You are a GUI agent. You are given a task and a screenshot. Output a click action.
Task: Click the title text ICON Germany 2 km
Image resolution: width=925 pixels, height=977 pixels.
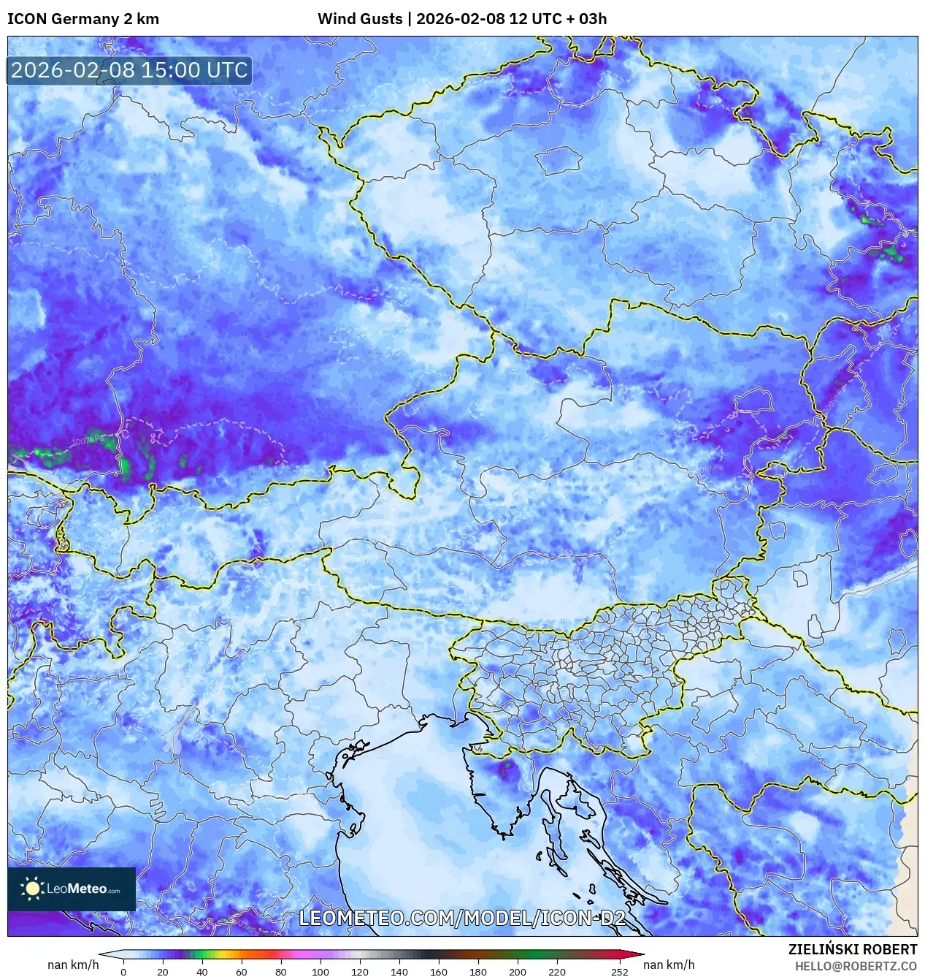coord(83,19)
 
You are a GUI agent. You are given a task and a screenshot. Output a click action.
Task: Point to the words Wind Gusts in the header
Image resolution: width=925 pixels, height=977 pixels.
coord(360,19)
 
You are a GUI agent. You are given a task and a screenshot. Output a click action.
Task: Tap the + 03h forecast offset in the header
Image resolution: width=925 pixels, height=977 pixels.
coord(586,19)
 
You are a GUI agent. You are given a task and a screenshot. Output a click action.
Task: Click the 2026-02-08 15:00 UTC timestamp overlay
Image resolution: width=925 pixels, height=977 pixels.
coord(129,70)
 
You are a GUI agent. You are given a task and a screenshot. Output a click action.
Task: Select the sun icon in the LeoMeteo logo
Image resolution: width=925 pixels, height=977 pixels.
coord(32,889)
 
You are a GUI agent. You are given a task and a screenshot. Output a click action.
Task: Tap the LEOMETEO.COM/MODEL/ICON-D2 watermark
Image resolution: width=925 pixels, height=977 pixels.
coord(462,918)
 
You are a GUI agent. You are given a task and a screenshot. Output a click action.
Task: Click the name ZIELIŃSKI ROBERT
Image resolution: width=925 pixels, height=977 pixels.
coord(852,949)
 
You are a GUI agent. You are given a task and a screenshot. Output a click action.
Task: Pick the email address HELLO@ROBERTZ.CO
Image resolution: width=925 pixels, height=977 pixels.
coord(856,966)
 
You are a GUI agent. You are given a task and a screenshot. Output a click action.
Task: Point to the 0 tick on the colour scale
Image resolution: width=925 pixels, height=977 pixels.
coord(123,972)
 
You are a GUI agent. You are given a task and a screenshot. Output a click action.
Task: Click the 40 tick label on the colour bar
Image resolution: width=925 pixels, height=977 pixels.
coord(201,972)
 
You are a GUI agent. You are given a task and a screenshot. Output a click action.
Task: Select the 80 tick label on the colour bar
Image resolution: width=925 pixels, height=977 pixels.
coord(280,972)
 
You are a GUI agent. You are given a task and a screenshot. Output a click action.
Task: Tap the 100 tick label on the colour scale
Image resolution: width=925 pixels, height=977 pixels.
coord(320,972)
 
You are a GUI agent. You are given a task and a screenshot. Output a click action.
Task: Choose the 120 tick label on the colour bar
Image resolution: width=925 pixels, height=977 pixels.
coord(359,972)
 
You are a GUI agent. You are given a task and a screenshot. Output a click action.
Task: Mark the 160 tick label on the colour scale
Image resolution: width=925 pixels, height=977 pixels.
coord(438,972)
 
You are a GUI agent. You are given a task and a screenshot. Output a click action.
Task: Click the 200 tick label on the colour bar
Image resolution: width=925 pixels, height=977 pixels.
coord(517,972)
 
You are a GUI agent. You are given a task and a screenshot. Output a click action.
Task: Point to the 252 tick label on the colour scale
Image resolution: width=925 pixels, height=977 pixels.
coord(619,972)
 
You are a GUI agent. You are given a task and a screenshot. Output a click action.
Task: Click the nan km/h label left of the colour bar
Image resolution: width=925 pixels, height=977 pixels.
coord(73,965)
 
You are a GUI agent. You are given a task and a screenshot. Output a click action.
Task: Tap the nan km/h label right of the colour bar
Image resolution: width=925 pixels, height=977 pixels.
coord(669,965)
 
